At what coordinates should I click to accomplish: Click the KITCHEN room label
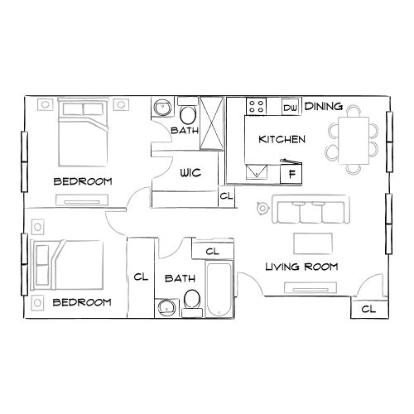(282, 139)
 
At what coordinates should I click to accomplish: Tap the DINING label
(325, 107)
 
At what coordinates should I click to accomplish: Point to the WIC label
(192, 173)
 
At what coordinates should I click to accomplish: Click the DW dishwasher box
(290, 108)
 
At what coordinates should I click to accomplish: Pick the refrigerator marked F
(291, 175)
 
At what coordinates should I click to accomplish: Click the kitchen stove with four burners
(256, 108)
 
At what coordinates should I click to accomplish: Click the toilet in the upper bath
(188, 113)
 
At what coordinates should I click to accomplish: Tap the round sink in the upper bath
(162, 108)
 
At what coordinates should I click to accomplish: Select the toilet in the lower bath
(191, 301)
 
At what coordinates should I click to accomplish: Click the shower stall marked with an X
(212, 122)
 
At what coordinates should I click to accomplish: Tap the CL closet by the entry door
(368, 309)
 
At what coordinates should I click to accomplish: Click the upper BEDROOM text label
(83, 181)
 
